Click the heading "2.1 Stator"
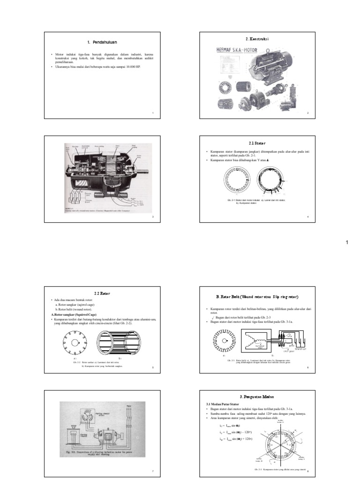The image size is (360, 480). (256, 142)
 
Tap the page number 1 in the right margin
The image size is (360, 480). (347, 242)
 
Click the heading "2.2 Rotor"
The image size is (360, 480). (102, 293)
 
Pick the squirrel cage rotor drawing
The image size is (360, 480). (120, 344)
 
